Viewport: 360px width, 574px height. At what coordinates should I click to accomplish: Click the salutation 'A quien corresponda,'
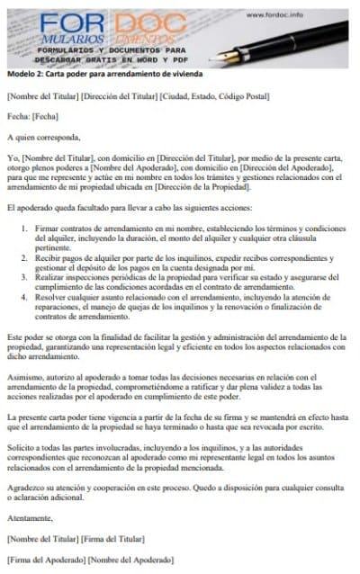click(x=43, y=138)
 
